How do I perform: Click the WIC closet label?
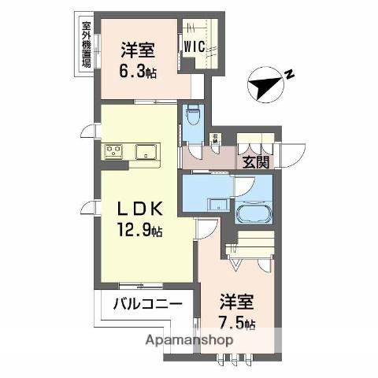[x=195, y=47]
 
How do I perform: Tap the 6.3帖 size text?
[x=137, y=69]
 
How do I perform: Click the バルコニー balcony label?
[x=147, y=304]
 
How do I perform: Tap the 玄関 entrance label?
[x=254, y=163]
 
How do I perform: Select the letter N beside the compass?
[x=290, y=75]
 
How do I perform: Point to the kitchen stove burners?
[x=112, y=150]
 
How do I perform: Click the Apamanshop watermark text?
[x=189, y=340]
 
